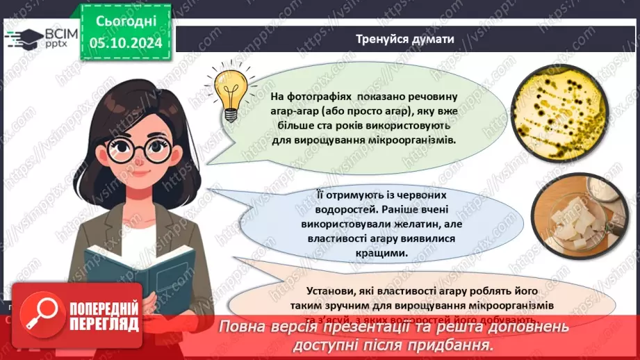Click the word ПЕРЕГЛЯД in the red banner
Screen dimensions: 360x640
pos(103,325)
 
